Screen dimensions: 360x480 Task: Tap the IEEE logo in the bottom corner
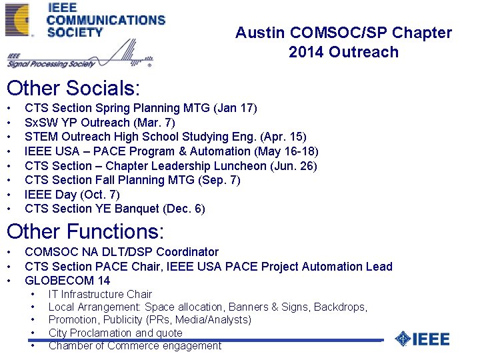click(423, 339)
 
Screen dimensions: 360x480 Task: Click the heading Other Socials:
click(71, 88)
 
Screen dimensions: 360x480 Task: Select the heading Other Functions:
click(85, 231)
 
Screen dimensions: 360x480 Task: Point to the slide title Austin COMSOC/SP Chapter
click(343, 33)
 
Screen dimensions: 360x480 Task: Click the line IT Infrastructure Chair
click(100, 294)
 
